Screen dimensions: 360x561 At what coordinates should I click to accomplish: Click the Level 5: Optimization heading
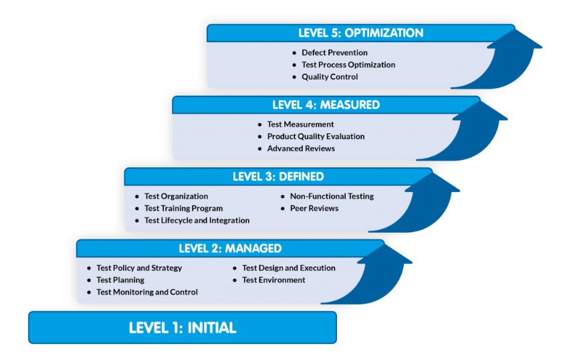360,33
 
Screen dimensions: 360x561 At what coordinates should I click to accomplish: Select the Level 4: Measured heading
326,104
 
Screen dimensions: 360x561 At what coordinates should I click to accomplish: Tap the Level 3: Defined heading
277,177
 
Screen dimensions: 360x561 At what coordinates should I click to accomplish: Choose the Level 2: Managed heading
230,248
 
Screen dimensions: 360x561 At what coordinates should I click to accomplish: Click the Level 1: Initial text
182,328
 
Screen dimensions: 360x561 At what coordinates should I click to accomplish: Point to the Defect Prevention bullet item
334,53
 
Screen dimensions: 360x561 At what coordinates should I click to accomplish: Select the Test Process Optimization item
348,65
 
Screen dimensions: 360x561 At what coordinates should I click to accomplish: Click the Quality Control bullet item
330,77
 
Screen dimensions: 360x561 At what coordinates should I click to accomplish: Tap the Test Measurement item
300,124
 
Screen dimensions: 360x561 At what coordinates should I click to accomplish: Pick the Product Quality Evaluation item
316,137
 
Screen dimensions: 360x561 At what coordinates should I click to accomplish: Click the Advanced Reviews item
301,149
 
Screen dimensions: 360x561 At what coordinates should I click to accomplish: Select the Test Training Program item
183,208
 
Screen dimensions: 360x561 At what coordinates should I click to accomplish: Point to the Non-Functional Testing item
332,196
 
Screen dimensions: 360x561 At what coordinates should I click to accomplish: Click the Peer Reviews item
314,208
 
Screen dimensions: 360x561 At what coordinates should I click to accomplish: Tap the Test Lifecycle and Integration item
197,220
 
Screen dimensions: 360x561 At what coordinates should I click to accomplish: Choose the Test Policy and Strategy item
139,268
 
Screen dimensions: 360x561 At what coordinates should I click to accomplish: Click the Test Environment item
273,280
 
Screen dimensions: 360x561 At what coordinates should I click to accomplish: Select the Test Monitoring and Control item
147,292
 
